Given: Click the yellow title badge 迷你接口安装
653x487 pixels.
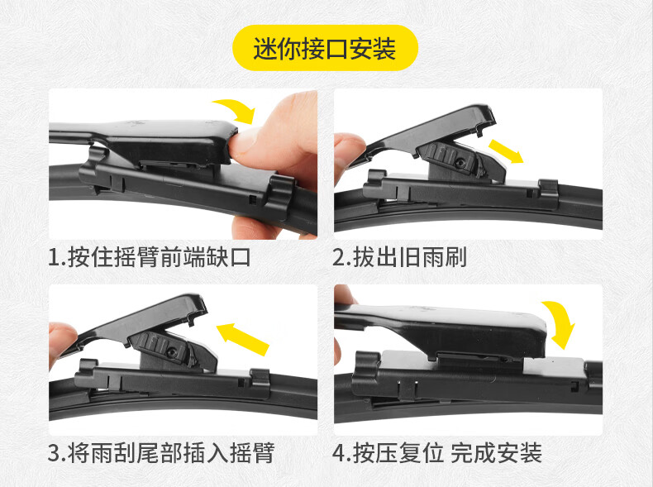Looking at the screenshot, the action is coord(325,48).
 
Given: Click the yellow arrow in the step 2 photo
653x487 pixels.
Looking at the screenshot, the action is coord(506,151).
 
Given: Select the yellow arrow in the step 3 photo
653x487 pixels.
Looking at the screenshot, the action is coord(243,338).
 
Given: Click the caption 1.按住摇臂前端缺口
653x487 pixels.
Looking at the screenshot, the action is coord(149,257).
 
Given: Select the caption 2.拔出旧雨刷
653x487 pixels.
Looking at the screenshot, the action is coord(399,257).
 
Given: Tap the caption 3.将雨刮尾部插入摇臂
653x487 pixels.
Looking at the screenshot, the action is coord(161,452).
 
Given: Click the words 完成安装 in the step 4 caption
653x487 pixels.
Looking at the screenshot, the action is coord(497,452).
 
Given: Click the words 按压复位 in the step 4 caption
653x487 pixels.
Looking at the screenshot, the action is coord(399,452).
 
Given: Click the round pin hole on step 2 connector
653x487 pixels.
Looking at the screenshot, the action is coord(460,163).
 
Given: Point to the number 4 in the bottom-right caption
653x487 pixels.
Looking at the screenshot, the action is coord(339,453).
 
